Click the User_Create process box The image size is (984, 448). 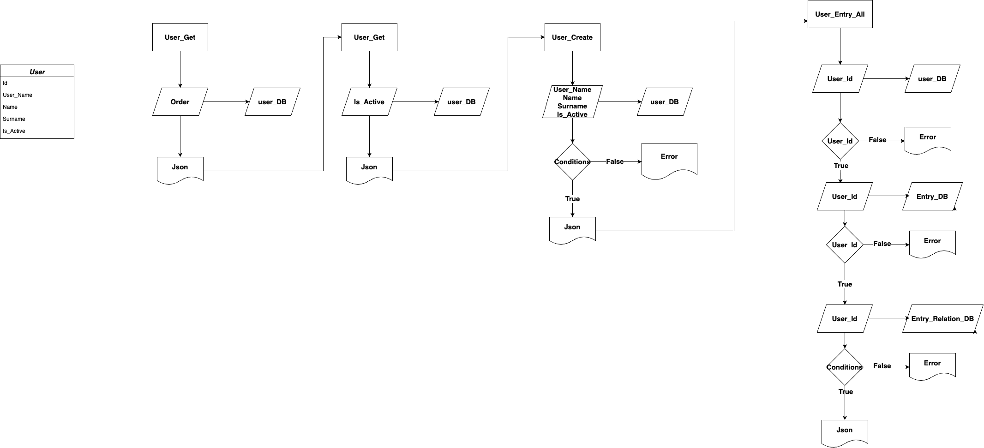572,37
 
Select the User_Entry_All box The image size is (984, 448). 840,14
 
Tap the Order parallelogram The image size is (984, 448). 180,102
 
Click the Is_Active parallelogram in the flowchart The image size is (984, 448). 369,102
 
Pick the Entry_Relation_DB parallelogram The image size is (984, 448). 942,319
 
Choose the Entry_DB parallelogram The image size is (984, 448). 932,197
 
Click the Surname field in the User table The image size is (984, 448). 14,119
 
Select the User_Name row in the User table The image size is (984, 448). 18,95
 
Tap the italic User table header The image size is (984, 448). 37,72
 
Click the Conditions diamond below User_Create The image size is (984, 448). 572,162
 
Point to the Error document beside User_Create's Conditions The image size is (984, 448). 669,159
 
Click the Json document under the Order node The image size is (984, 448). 180,169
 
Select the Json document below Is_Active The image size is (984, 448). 369,169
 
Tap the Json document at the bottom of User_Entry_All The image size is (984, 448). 844,431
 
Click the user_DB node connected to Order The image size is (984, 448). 272,102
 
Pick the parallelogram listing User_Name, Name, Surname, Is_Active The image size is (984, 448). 572,102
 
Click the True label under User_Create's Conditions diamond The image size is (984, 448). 572,199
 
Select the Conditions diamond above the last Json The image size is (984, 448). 844,367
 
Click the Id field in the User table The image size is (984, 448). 5,83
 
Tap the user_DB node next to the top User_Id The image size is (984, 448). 932,79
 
